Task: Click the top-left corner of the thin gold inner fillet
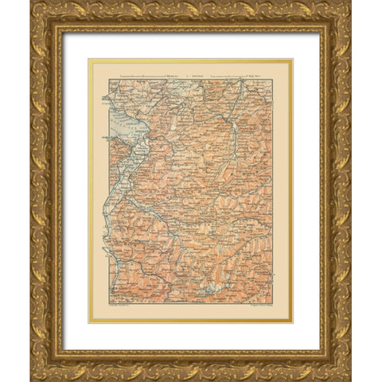[89, 59]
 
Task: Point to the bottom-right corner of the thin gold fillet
[292, 322]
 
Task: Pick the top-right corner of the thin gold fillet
[292, 59]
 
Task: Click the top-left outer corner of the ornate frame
[30, 1]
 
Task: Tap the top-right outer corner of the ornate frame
[351, 1]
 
